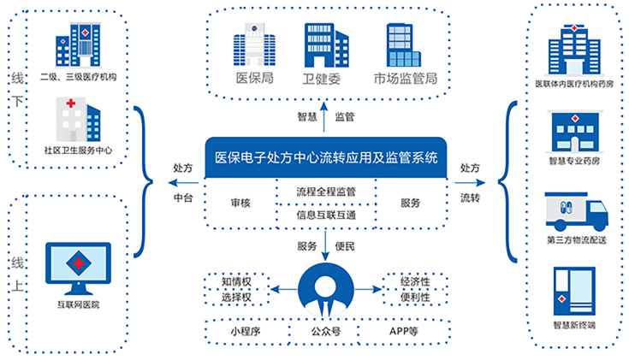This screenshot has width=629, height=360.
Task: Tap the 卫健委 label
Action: pyautogui.click(x=323, y=80)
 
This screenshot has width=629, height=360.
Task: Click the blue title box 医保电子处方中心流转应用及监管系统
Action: pyautogui.click(x=325, y=157)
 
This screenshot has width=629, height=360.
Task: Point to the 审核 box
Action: pyautogui.click(x=240, y=204)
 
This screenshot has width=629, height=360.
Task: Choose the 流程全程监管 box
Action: pyautogui.click(x=325, y=192)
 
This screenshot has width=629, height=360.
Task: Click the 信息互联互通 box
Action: pyautogui.click(x=325, y=215)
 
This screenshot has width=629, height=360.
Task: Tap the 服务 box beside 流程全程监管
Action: pyautogui.click(x=411, y=204)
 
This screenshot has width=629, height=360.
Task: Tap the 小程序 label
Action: pyautogui.click(x=245, y=329)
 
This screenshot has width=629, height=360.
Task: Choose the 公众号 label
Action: pyautogui.click(x=324, y=329)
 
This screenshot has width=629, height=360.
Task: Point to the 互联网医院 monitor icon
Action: pyautogui.click(x=78, y=266)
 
